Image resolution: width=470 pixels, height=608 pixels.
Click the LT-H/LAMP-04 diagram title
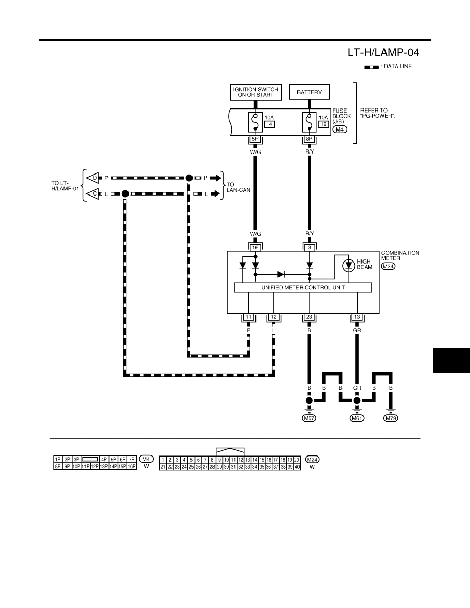383,52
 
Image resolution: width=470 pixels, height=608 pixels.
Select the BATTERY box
309,92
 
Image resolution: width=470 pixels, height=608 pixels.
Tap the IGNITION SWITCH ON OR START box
255,92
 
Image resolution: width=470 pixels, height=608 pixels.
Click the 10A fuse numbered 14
255,122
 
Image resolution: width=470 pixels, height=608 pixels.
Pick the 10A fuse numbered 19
309,122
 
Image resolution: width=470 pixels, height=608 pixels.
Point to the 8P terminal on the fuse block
309,139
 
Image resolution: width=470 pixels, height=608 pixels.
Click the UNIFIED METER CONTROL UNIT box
303,287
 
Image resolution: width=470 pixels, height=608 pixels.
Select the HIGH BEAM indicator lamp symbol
349,265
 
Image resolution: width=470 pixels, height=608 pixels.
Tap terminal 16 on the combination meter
255,247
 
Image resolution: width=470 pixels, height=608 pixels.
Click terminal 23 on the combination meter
309,317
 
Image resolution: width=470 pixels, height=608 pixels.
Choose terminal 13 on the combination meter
357,317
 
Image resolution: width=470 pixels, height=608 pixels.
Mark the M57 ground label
309,419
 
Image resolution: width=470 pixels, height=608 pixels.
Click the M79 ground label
391,419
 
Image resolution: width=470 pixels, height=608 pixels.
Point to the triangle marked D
93,178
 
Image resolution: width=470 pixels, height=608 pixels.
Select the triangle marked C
93,193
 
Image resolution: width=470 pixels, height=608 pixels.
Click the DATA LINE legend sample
371,67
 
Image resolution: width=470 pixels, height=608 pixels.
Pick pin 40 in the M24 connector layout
297,467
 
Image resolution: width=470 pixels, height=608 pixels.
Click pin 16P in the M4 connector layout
132,466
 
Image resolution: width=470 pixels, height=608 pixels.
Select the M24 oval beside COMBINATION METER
388,267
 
